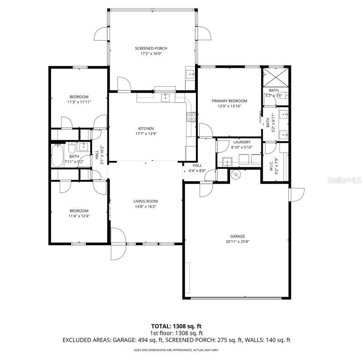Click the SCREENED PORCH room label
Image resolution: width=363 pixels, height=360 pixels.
(151, 48)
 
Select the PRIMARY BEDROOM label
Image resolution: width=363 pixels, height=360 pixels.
(229, 101)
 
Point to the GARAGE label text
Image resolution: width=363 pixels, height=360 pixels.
(237, 236)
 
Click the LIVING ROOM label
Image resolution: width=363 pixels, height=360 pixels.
(145, 201)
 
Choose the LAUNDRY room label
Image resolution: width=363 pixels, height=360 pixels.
(241, 142)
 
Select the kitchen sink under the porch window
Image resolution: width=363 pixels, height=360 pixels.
(166, 98)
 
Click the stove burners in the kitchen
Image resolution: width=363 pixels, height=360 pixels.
(191, 117)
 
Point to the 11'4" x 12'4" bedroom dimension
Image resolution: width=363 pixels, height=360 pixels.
(79, 216)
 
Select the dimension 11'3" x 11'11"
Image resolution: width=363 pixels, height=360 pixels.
(79, 102)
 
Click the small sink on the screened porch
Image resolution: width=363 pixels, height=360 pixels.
(190, 73)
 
